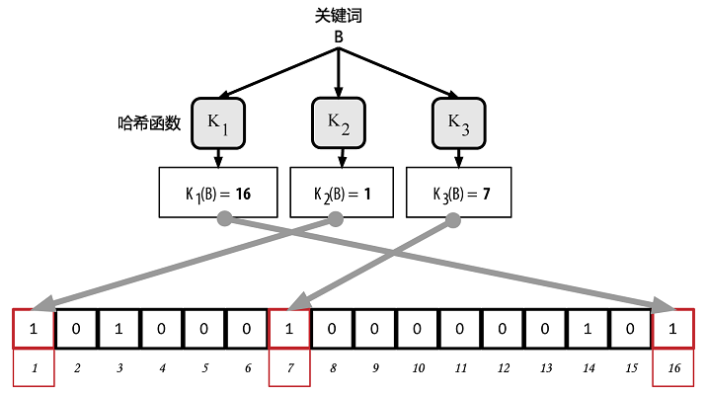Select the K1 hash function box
[218, 121]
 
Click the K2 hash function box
[339, 121]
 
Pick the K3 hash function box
[457, 121]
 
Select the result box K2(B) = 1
[340, 194]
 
